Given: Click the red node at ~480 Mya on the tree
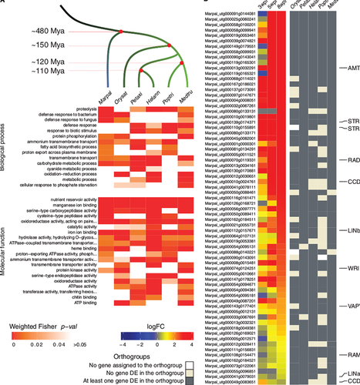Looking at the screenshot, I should pyautogui.click(x=119, y=32).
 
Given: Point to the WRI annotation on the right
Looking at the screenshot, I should pyautogui.click(x=353, y=268).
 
